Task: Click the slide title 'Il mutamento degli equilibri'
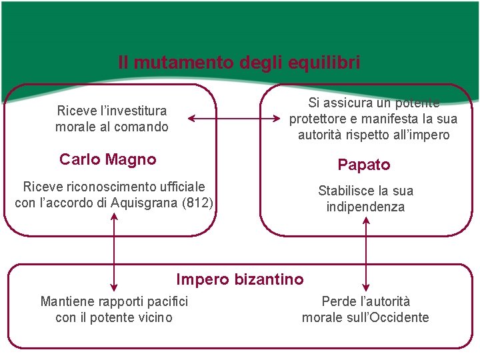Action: click(239, 63)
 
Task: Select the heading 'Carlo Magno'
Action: click(108, 159)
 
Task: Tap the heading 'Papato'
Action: click(364, 164)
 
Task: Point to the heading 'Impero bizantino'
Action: click(239, 279)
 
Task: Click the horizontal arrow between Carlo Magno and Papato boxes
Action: click(234, 119)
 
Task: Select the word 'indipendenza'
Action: click(365, 207)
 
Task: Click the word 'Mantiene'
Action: click(66, 301)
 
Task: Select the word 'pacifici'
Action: click(165, 301)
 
